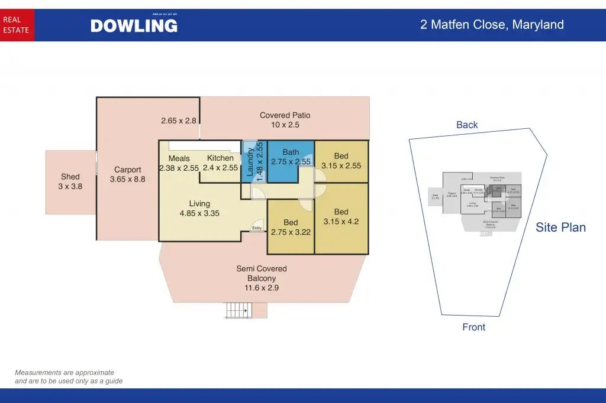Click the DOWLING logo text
(134, 25)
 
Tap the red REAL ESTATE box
(17, 25)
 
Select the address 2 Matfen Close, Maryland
(492, 25)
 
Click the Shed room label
(70, 176)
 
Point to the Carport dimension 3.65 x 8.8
(128, 179)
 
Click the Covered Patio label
(285, 115)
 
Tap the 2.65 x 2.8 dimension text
(178, 121)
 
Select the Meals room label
(179, 158)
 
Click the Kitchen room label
(220, 158)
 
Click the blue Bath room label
(291, 152)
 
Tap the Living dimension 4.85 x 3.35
(199, 213)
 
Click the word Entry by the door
(257, 228)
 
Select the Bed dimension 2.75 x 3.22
(291, 232)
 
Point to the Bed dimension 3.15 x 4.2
(341, 222)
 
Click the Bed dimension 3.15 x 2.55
(341, 166)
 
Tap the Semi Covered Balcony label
(262, 273)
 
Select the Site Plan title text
(560, 227)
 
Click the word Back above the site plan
(467, 125)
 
